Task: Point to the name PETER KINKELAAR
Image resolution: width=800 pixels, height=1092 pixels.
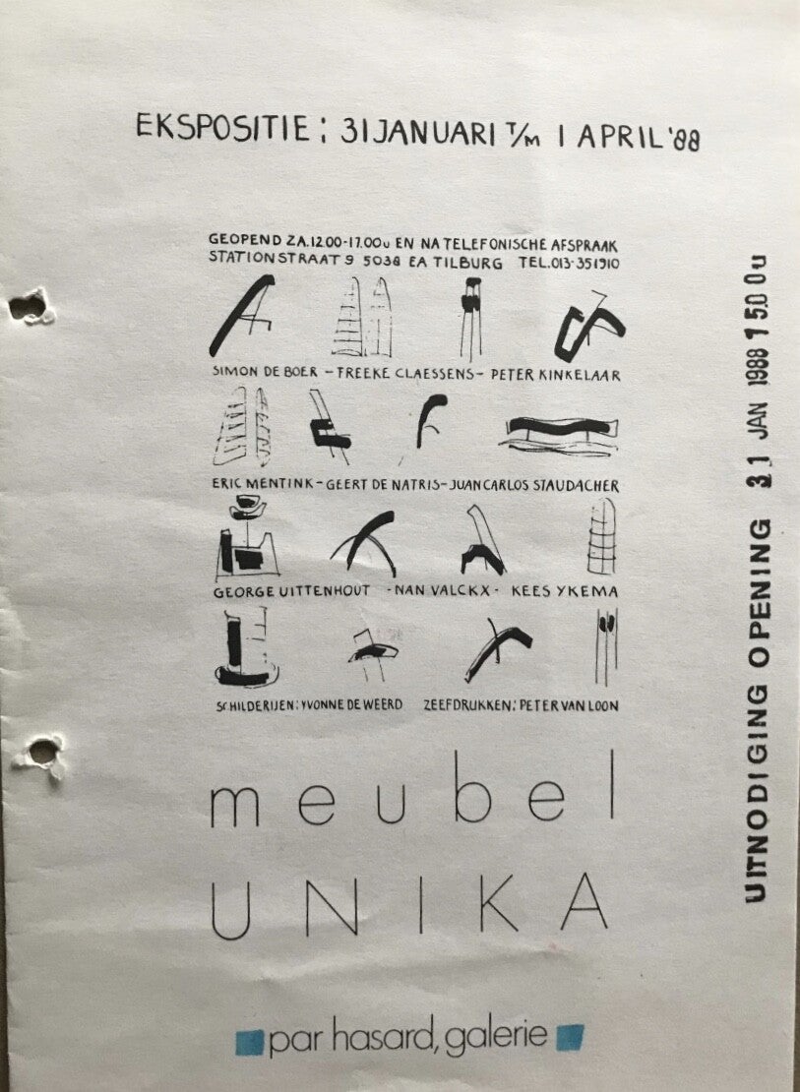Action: (x=555, y=375)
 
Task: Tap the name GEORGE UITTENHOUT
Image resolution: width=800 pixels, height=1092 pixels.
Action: (x=291, y=592)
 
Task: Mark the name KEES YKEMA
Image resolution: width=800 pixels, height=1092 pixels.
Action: (x=565, y=592)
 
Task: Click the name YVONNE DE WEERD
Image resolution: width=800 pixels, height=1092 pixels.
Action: (x=352, y=704)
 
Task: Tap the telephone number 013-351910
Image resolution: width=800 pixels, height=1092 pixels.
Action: (x=583, y=264)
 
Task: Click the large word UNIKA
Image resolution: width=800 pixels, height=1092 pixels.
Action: (x=409, y=905)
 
